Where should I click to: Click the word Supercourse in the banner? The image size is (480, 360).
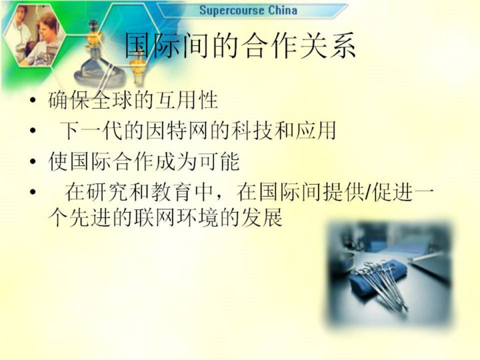pos(232,11)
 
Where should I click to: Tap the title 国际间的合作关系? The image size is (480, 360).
pos(240,45)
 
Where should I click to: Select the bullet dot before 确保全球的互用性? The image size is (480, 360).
pos(33,100)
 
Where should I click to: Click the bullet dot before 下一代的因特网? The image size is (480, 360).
pos(33,131)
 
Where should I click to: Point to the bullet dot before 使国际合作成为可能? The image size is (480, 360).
pos(33,161)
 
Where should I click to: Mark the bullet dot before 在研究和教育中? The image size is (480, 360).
pos(33,192)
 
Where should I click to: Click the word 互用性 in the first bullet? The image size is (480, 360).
pos(187,100)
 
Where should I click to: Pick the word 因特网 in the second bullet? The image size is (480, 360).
pos(177,131)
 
